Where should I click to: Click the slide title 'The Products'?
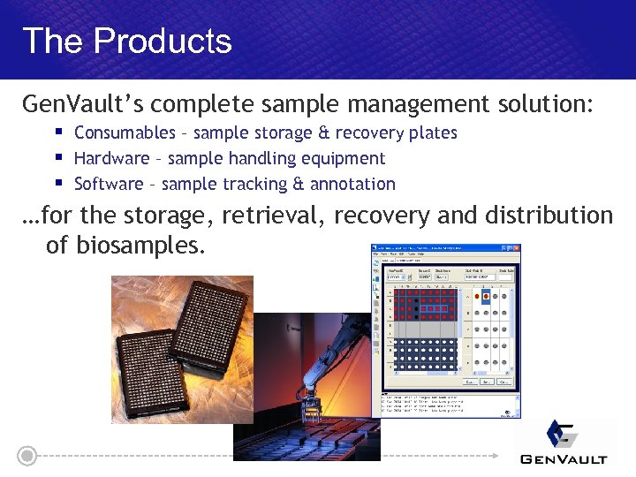click(x=126, y=42)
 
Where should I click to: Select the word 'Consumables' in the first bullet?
click(x=125, y=133)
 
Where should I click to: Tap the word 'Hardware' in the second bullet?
click(x=111, y=159)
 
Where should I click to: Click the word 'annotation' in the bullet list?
click(x=353, y=185)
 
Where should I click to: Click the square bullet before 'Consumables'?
click(x=57, y=132)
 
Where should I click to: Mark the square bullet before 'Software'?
click(x=57, y=184)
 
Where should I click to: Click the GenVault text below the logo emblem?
click(x=564, y=458)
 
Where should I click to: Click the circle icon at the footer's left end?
click(x=27, y=456)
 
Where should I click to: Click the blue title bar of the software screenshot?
click(x=445, y=249)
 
